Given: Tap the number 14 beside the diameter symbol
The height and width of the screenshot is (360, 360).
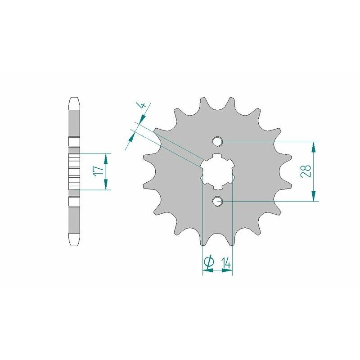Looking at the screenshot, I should pyautogui.click(x=226, y=262).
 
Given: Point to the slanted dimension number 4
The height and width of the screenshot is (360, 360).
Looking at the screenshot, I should pyautogui.click(x=142, y=106).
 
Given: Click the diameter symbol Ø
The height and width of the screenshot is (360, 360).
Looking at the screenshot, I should pyautogui.click(x=208, y=262).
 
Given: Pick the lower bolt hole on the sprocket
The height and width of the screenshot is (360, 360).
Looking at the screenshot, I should pyautogui.click(x=218, y=201).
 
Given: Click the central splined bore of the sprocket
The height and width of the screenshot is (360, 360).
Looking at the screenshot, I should pyautogui.click(x=217, y=171).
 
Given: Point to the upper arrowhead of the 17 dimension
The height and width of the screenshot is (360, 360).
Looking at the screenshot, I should pyautogui.click(x=106, y=158).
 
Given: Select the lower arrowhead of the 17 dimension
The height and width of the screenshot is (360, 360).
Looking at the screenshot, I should pyautogui.click(x=106, y=185).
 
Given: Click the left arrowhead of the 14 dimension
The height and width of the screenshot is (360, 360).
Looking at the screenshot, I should pyautogui.click(x=207, y=270).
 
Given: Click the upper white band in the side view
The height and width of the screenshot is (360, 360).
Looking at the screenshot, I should pyautogui.click(x=74, y=143).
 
